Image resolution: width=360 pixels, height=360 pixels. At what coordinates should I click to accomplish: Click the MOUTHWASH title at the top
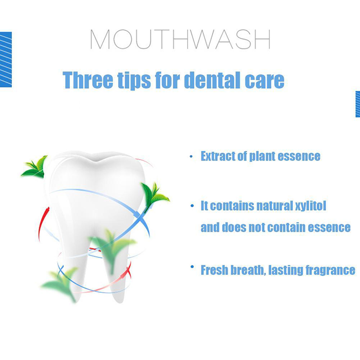(180, 39)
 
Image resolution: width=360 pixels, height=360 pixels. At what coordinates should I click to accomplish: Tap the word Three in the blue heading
(88, 80)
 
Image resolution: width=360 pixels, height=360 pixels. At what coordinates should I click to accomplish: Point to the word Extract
(218, 156)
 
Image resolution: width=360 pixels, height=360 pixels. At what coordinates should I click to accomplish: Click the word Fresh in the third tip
(215, 270)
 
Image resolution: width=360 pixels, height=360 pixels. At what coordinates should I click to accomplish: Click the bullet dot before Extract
(191, 157)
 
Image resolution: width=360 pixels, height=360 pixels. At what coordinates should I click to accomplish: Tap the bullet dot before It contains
(192, 206)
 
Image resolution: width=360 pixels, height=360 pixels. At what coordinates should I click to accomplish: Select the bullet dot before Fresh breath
(192, 267)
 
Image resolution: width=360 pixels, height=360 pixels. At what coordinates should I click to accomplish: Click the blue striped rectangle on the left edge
(6, 59)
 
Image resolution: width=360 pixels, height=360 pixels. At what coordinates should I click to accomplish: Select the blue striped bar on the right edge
(357, 104)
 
